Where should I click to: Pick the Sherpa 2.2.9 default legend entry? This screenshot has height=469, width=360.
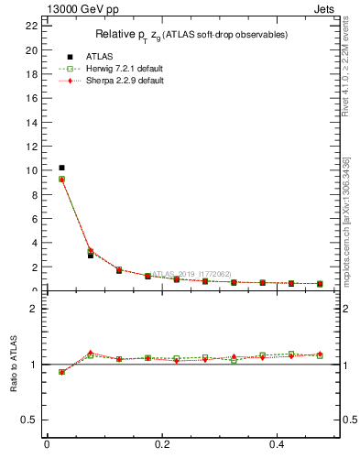(x=118, y=80)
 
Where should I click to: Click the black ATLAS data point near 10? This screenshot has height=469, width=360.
(x=61, y=168)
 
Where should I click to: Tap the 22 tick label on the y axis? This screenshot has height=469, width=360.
(x=32, y=26)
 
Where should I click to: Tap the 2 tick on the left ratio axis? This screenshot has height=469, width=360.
(x=34, y=310)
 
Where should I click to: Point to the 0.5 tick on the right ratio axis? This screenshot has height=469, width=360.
(x=348, y=420)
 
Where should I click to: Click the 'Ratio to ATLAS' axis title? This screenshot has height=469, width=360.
(x=12, y=364)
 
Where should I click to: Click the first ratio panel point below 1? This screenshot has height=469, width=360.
(x=61, y=372)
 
